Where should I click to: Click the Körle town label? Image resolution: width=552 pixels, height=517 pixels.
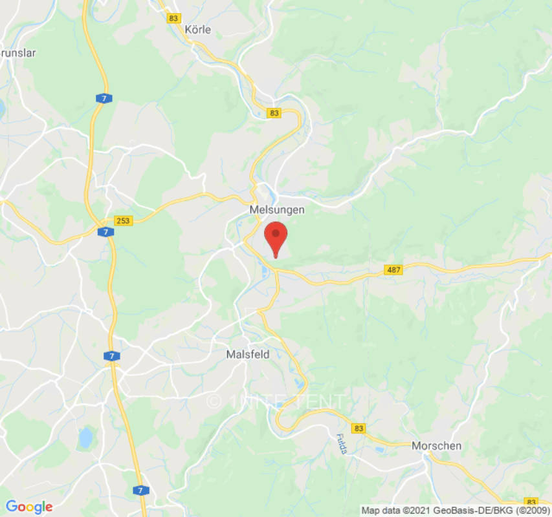coord(197,30)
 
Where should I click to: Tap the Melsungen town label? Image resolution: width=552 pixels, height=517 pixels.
coord(276,210)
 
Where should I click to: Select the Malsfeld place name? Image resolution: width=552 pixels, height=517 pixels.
coord(248,354)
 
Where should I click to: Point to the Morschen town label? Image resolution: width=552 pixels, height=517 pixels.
coord(437,446)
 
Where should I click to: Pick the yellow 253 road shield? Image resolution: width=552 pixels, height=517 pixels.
coord(123,220)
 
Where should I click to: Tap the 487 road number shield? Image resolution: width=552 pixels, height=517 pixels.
coord(393,269)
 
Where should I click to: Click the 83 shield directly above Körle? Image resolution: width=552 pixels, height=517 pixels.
coord(173,18)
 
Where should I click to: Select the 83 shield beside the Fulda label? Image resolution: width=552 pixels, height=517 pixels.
coord(359,428)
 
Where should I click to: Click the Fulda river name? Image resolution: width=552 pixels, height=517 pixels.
coord(342,444)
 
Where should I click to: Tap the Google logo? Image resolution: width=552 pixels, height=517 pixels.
coord(29,507)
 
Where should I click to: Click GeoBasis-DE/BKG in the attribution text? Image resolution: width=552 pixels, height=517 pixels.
coord(459,509)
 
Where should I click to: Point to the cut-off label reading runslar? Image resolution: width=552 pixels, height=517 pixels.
coord(18,53)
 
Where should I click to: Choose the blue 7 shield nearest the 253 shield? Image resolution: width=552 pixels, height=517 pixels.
coord(104,231)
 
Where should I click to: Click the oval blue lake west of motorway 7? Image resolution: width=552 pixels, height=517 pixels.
coord(85,438)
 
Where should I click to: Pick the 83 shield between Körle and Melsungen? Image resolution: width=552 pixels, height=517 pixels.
coord(274,113)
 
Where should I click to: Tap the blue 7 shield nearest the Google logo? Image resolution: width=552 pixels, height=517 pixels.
coord(140,491)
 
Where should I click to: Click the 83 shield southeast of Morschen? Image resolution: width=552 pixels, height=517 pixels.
coord(531,501)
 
